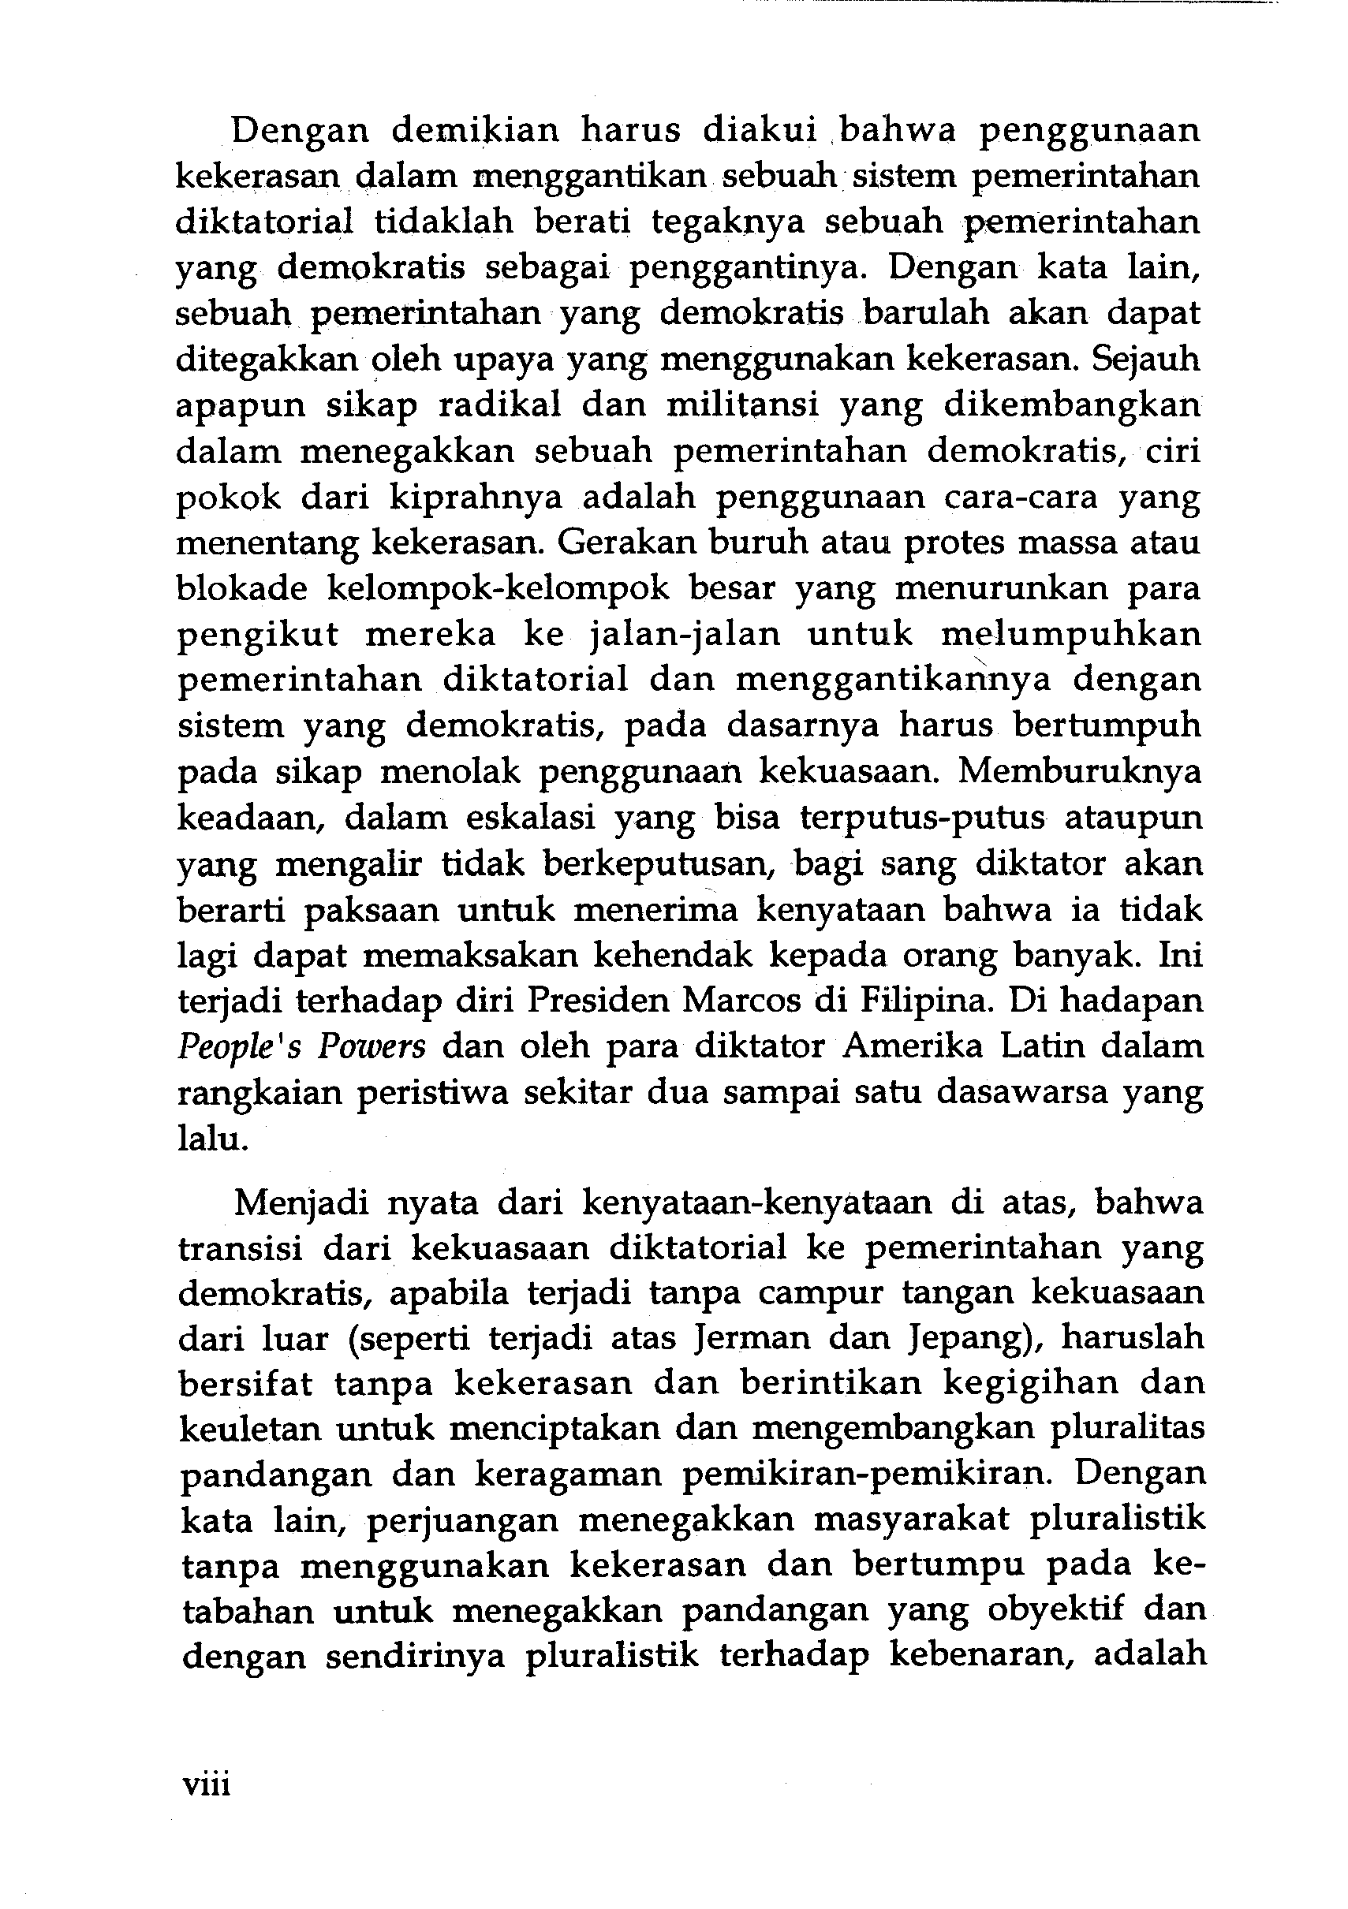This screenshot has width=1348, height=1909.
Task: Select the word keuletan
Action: pyautogui.click(x=245, y=1430)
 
